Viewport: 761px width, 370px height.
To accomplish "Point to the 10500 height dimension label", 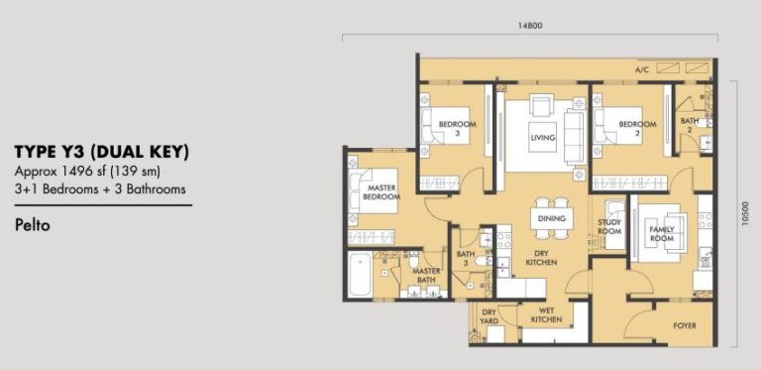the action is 745,213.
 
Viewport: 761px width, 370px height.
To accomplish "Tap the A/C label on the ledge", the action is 642,70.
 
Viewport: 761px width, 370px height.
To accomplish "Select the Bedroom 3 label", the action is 458,128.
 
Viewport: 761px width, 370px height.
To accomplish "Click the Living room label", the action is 543,138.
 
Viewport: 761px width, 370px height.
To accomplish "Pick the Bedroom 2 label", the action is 637,128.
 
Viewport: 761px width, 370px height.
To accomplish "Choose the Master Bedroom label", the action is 381,192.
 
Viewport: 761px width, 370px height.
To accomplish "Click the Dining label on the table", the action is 551,218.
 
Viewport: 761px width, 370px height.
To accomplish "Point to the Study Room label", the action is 609,227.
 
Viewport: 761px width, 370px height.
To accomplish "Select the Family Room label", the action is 662,234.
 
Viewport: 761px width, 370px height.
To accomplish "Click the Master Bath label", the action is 427,276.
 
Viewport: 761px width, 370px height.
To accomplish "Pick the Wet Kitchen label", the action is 547,314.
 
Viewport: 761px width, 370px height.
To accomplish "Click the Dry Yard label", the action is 489,317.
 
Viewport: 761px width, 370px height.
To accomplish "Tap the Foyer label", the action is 685,325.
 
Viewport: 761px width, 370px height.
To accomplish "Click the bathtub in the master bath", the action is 360,274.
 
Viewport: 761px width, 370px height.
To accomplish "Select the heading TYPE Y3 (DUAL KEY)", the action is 101,153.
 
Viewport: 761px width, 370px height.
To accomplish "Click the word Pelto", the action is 33,225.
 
